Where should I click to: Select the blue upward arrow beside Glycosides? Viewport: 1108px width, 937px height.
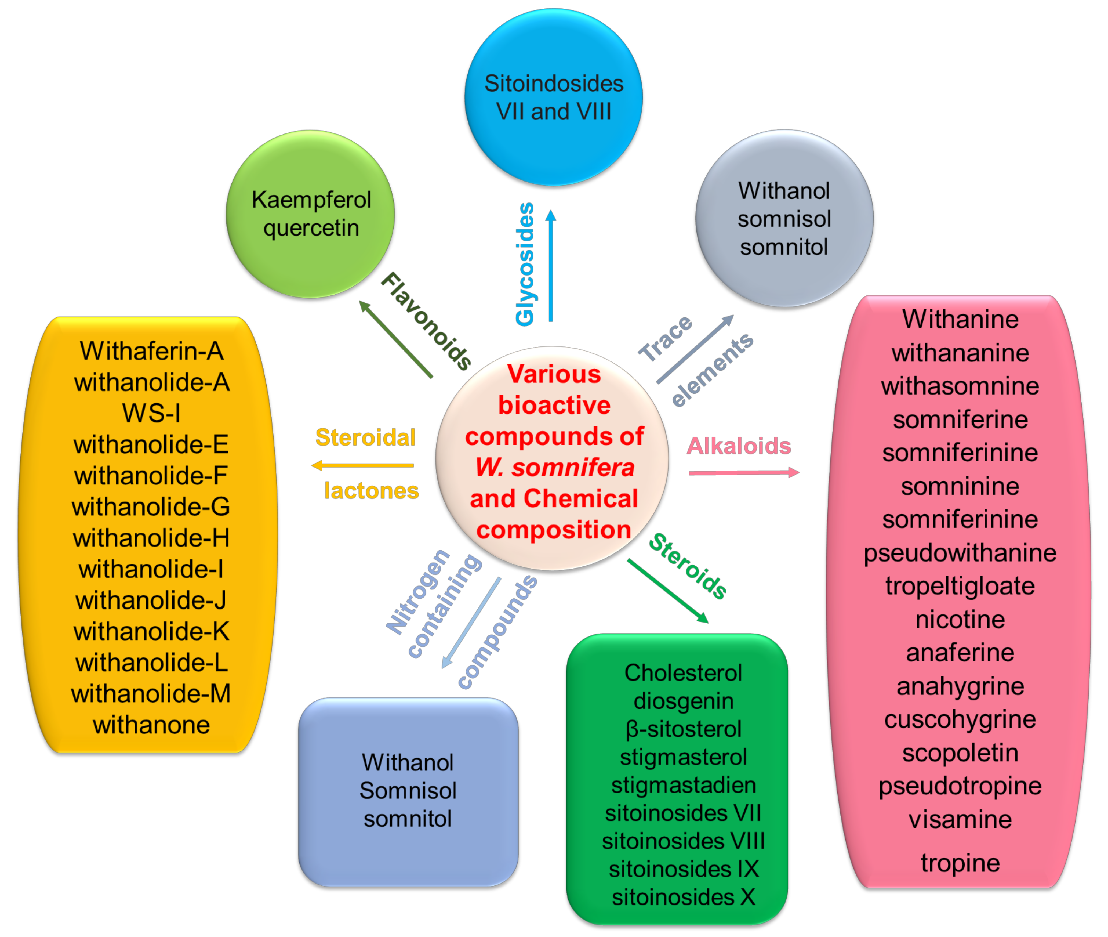tap(551, 266)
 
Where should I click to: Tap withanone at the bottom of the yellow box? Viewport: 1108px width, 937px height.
tap(151, 725)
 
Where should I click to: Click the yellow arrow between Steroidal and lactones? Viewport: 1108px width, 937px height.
tap(363, 465)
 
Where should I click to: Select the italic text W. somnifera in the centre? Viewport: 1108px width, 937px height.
tap(554, 468)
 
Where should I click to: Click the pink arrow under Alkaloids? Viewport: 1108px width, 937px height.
tap(743, 472)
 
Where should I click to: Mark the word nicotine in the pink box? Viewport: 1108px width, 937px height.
tap(960, 619)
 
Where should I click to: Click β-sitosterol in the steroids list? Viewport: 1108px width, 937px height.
tap(683, 729)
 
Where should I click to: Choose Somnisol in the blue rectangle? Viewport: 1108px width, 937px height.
tap(408, 790)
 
